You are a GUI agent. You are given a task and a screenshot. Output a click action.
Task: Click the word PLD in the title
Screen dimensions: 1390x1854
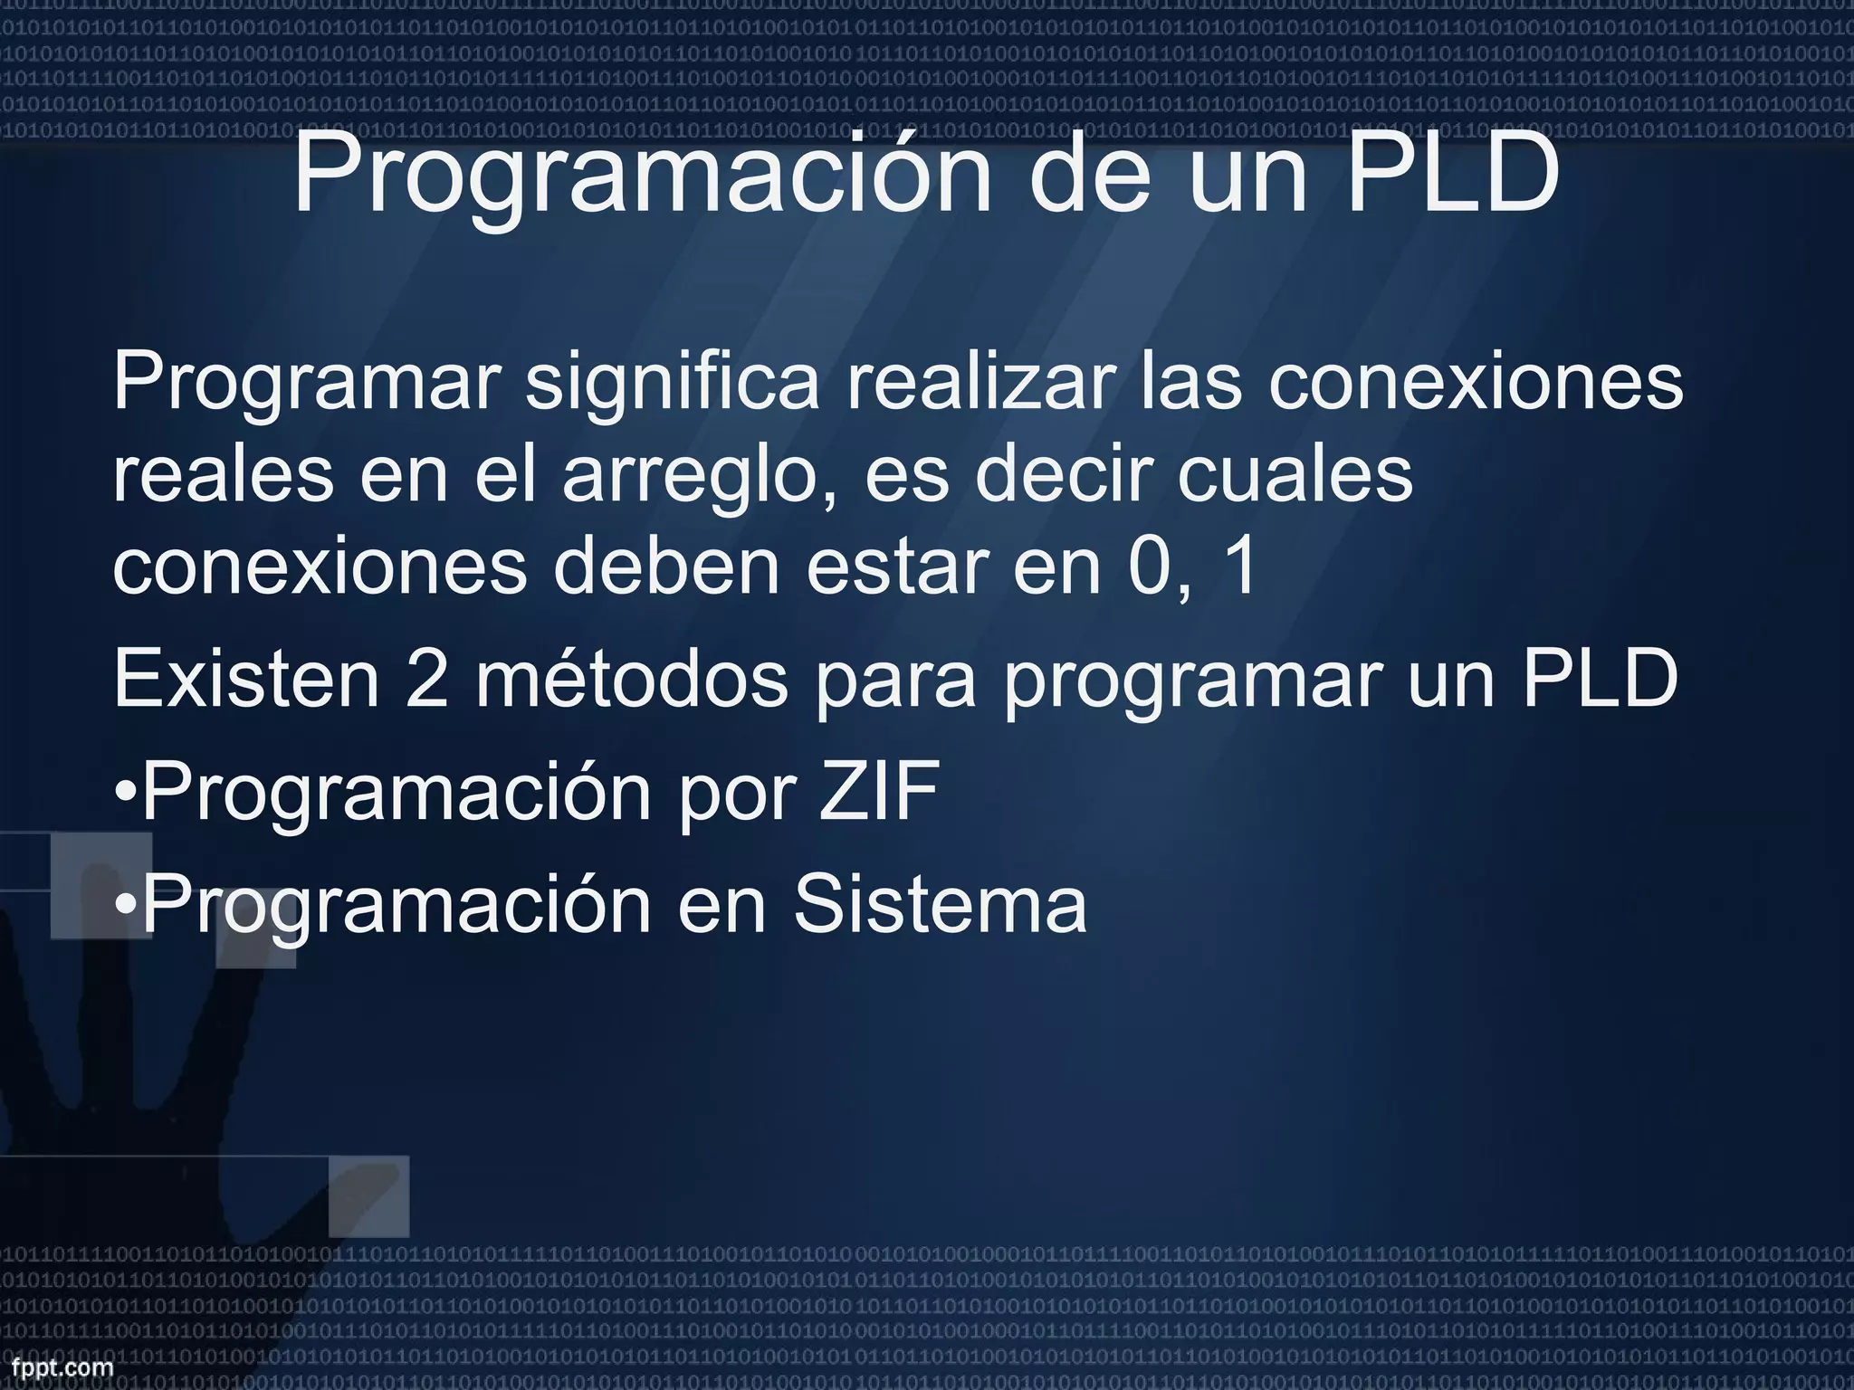pos(1453,174)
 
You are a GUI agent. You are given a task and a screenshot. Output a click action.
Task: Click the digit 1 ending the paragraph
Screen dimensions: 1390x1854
pos(1239,567)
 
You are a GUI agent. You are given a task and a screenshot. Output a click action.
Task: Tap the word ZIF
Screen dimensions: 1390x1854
pos(878,790)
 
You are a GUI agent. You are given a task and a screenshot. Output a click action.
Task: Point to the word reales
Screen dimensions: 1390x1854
pos(223,476)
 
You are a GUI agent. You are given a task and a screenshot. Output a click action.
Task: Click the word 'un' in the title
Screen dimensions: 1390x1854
pos(1248,174)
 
